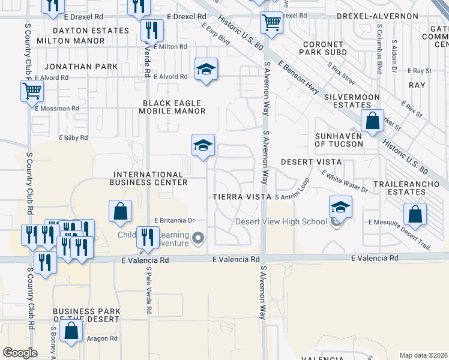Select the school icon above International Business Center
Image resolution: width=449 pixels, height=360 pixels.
(203, 145)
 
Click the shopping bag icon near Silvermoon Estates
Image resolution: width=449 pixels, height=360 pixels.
(373, 120)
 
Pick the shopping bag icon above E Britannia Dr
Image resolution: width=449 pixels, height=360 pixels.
(121, 211)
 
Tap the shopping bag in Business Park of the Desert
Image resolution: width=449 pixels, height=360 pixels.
(71, 331)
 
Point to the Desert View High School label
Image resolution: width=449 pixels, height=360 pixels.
(281, 221)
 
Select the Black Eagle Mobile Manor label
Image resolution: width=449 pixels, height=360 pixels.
(173, 107)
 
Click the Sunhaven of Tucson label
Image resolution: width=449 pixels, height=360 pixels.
(339, 140)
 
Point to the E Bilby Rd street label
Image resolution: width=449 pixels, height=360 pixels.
(73, 137)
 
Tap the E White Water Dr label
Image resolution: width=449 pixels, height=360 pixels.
(345, 181)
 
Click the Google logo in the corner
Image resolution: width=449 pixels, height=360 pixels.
(20, 352)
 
